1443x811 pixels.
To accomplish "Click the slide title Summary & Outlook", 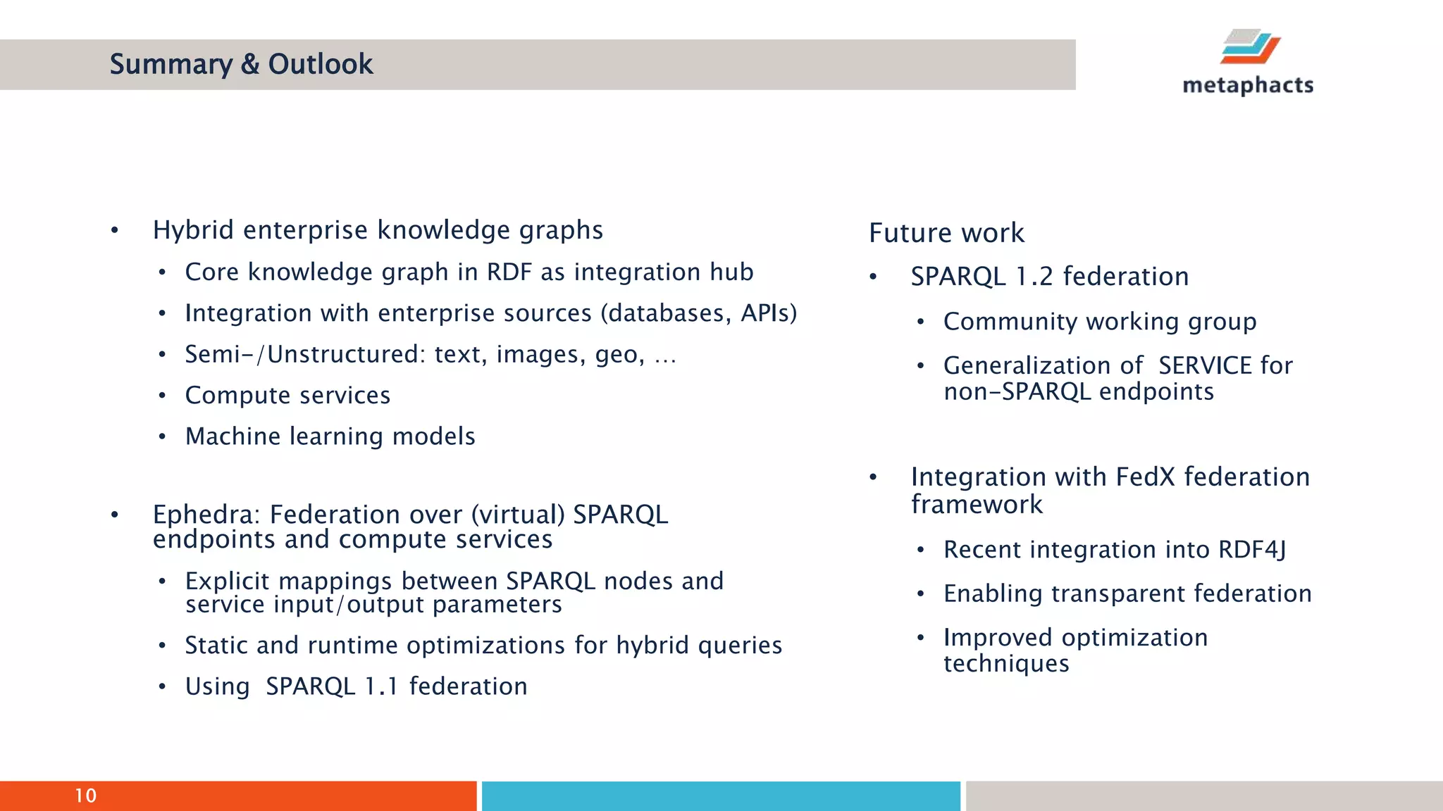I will click(x=241, y=64).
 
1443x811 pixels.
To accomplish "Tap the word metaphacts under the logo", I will click(x=1248, y=85).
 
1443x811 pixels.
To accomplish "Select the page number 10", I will click(x=85, y=796).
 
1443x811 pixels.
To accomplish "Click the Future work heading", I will click(x=946, y=233).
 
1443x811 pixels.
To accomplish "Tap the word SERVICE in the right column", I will click(x=1205, y=365).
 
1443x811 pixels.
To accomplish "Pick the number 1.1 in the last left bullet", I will click(x=382, y=686).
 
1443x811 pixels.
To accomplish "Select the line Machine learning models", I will click(x=330, y=436).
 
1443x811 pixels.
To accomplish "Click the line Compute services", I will click(x=287, y=396).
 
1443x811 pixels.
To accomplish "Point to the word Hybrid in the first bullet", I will click(x=192, y=230).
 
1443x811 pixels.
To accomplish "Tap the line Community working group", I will click(x=1099, y=322).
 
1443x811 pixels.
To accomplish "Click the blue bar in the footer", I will click(x=720, y=796).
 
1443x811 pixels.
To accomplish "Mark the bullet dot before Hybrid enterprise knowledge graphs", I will click(x=114, y=231).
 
